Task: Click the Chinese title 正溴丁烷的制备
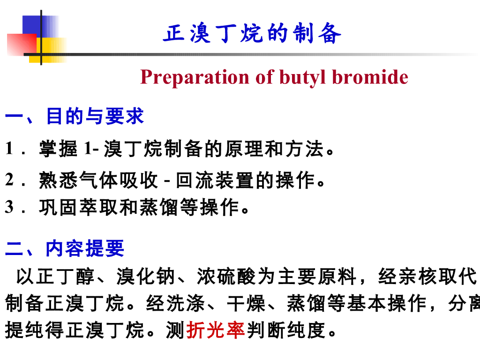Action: click(252, 34)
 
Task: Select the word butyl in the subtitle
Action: click(300, 77)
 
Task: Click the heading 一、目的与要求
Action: click(75, 117)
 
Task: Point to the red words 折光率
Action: click(216, 331)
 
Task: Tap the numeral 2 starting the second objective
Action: click(9, 180)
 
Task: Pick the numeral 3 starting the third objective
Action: click(9, 207)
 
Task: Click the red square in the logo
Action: click(20, 45)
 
